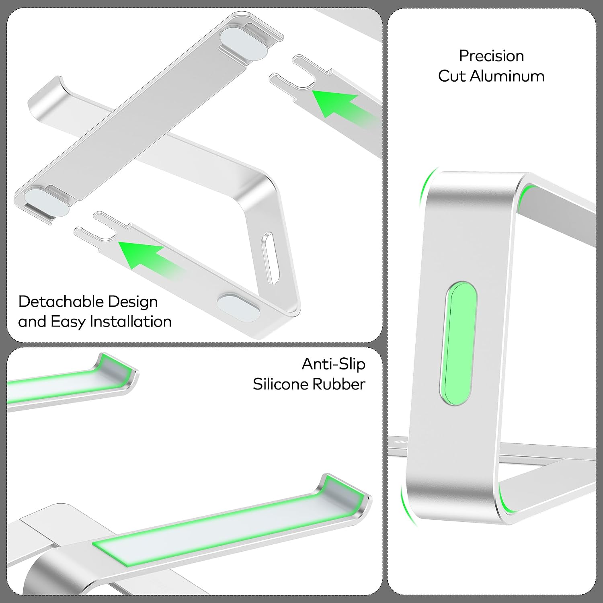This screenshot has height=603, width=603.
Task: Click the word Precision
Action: [x=491, y=56]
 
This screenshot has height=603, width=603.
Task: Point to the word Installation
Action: [x=131, y=322]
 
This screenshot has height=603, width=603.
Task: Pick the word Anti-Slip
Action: [x=333, y=364]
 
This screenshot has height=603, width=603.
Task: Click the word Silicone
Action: [x=280, y=384]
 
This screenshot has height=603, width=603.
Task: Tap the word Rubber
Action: [x=338, y=384]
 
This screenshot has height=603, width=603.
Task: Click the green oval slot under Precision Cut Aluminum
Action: [x=458, y=343]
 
